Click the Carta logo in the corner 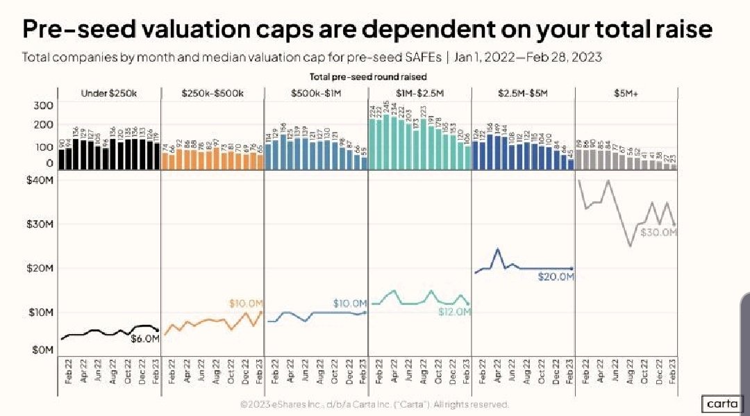pos(722,403)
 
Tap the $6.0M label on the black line pos(146,339)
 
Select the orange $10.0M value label pos(247,303)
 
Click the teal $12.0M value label pos(455,313)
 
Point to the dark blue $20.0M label pos(556,276)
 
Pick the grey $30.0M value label pos(658,233)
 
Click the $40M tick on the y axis pos(39,180)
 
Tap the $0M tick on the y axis pos(42,350)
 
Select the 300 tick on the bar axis pos(43,106)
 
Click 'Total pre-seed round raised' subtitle pos(367,76)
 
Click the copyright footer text pos(374,403)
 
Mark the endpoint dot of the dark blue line pos(572,269)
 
